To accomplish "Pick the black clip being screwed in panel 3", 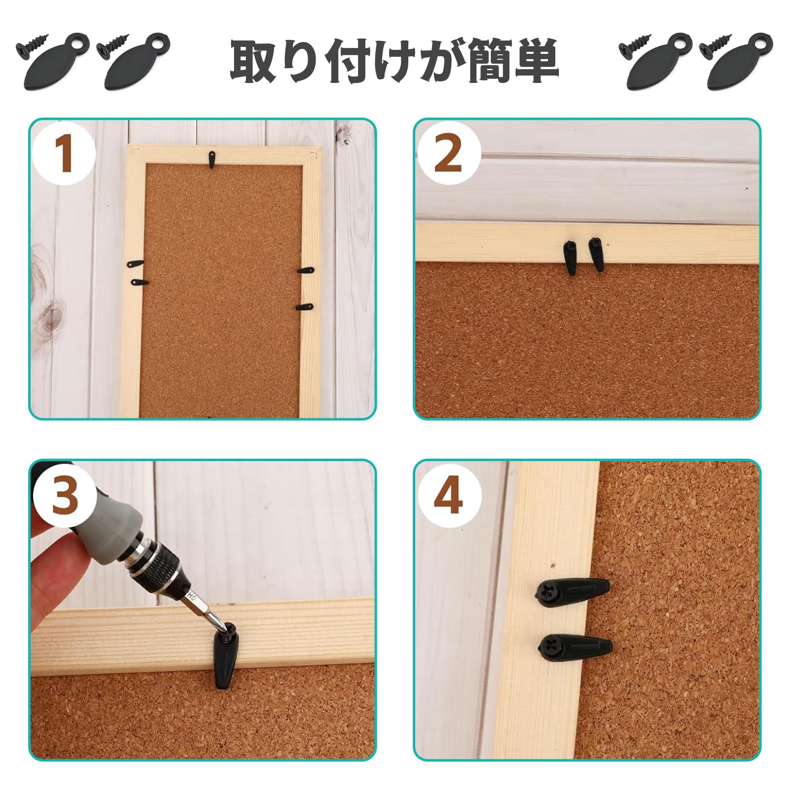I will (226, 652).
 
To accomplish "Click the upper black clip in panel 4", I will (573, 591).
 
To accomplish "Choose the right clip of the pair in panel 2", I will (596, 254).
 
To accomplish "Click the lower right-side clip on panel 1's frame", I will (305, 307).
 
